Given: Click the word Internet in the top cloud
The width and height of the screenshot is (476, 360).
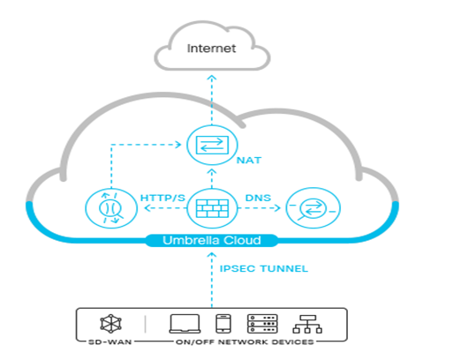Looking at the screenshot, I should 211,48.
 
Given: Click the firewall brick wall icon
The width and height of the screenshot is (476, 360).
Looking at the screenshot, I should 211,209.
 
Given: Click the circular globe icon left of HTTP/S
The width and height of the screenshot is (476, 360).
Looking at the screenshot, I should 105,210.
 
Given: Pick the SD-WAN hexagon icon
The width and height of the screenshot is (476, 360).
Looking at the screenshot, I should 111,323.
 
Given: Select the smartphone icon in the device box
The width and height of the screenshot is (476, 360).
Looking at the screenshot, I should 223,323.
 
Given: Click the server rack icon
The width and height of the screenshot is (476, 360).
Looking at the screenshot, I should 261,323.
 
